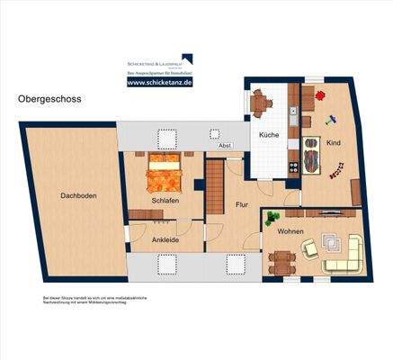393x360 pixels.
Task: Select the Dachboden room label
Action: pyautogui.click(x=78, y=195)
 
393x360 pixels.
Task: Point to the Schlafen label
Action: pyautogui.click(x=165, y=200)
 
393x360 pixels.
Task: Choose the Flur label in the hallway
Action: pyautogui.click(x=241, y=204)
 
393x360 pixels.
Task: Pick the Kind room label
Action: pyautogui.click(x=332, y=143)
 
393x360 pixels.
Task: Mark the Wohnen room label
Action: pyautogui.click(x=290, y=232)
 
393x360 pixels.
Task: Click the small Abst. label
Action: pyautogui.click(x=226, y=145)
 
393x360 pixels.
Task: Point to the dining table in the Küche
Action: pyautogui.click(x=262, y=103)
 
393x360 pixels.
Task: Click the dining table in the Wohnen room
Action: pyautogui.click(x=281, y=261)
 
